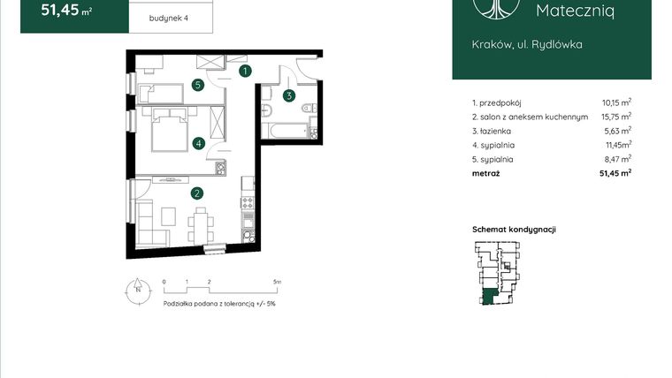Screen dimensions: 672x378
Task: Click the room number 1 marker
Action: pos(245,71)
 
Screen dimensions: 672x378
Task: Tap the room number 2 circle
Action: pos(197,193)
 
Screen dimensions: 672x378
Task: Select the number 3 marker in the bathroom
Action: pos(289,96)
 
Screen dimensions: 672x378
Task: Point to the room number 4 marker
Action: pos(198,143)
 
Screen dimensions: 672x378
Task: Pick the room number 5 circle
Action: pos(197,85)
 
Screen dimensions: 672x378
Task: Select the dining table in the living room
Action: pos(200,225)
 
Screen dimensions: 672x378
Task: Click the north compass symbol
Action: pos(138,291)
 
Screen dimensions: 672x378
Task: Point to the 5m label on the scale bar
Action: pos(278,282)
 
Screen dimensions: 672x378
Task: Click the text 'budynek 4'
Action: pos(168,18)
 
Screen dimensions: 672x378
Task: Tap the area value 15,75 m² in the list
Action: pos(616,117)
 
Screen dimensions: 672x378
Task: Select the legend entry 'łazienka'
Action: pos(495,131)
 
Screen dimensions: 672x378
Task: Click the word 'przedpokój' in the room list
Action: pos(500,103)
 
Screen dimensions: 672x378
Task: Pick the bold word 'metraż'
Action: pos(486,173)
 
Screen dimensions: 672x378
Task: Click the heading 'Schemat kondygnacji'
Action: pos(514,230)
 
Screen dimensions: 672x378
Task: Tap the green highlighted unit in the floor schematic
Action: pos(489,297)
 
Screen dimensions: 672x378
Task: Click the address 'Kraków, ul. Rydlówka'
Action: pos(527,44)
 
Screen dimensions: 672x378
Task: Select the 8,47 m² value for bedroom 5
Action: pos(617,159)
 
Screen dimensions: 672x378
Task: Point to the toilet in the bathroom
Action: pos(309,108)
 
